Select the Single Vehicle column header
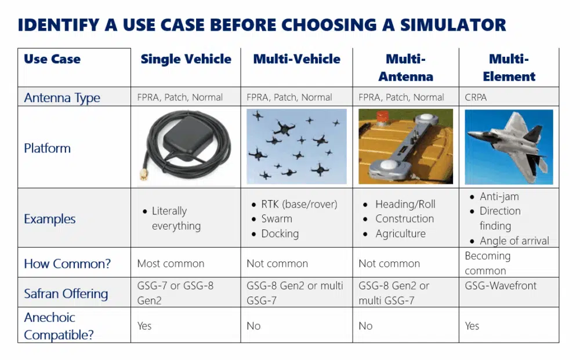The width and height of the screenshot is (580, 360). point(186,59)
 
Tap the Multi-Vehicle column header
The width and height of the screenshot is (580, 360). point(296,59)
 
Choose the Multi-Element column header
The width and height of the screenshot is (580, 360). point(509,67)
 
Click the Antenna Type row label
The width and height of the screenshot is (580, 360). point(62,97)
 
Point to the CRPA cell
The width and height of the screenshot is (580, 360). point(476,97)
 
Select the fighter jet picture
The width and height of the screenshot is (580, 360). point(509,147)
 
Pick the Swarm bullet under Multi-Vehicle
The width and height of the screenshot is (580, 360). point(277,219)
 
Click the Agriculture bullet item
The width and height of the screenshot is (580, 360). point(400,234)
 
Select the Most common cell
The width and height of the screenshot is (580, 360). point(171,263)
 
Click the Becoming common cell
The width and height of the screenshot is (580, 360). point(487,263)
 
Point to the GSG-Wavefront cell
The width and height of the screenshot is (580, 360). point(501,286)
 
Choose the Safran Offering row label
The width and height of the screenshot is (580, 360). point(66,293)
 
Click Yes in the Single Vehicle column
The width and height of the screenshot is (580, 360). point(144,326)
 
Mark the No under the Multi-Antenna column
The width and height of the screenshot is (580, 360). point(365,326)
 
